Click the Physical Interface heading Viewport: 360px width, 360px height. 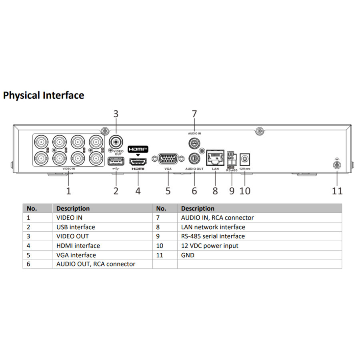point(44,95)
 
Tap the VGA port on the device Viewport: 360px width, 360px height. point(168,159)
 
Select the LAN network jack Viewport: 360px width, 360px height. point(215,158)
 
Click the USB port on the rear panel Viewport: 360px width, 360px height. point(116,161)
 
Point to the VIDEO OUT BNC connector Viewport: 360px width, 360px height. point(116,142)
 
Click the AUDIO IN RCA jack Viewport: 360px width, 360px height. point(194,144)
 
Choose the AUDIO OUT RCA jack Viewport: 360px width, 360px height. point(194,158)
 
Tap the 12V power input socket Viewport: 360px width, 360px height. point(245,159)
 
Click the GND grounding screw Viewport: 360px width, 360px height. point(337,165)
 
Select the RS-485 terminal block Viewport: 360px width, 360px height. point(232,158)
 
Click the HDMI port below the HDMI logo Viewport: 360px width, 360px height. point(138,162)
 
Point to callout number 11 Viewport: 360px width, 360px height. point(337,191)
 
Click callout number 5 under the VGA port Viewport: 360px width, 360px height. point(168,191)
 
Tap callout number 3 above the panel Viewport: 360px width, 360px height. point(116,114)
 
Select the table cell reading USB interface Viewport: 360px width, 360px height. point(76,227)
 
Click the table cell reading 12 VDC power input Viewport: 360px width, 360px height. point(210,246)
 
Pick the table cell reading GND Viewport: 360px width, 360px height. point(188,255)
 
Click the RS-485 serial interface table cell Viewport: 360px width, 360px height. point(213,236)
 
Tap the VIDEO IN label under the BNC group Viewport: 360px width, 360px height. point(69,168)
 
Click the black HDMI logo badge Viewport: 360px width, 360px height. point(138,149)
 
